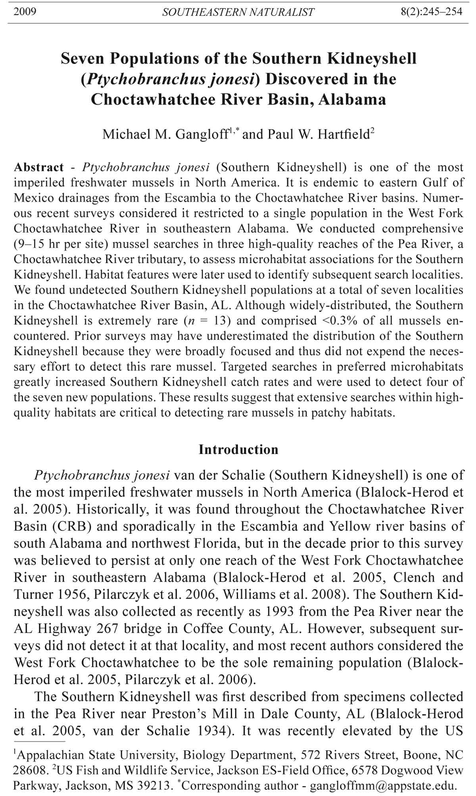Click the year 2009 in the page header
25,11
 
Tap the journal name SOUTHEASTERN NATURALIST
238,12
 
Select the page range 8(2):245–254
432,11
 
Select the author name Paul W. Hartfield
319,135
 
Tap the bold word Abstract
38,167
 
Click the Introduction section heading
238,450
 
